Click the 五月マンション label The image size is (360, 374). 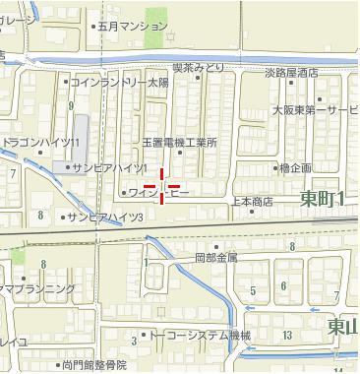pyautogui.click(x=134, y=27)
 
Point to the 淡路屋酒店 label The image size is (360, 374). pyautogui.click(x=291, y=73)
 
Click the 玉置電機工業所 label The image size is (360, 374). pyautogui.click(x=179, y=143)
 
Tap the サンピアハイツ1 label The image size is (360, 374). pyautogui.click(x=108, y=168)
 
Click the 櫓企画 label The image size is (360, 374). pyautogui.click(x=294, y=168)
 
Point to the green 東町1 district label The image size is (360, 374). pyautogui.click(x=323, y=200)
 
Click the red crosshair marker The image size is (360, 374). pyautogui.click(x=161, y=185)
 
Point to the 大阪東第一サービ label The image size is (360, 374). pyautogui.click(x=316, y=110)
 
